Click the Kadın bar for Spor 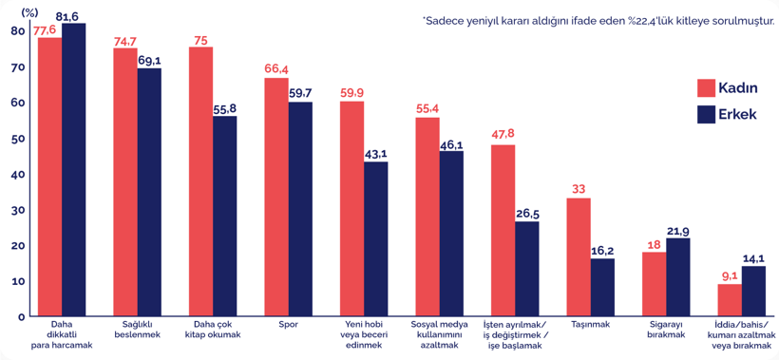(x=275, y=197)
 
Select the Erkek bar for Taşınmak (x=602, y=287)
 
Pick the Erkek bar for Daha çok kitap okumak (x=224, y=217)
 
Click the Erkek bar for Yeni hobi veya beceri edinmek (x=375, y=239)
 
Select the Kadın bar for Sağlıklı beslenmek (x=124, y=181)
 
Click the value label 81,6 (x=74, y=16)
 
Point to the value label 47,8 (x=503, y=133)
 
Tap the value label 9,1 (x=730, y=276)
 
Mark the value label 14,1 (x=752, y=257)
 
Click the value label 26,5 (x=527, y=213)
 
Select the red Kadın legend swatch (x=705, y=87)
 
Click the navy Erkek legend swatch (x=705, y=114)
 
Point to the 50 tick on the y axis (x=18, y=139)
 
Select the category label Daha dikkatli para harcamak (x=62, y=334)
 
